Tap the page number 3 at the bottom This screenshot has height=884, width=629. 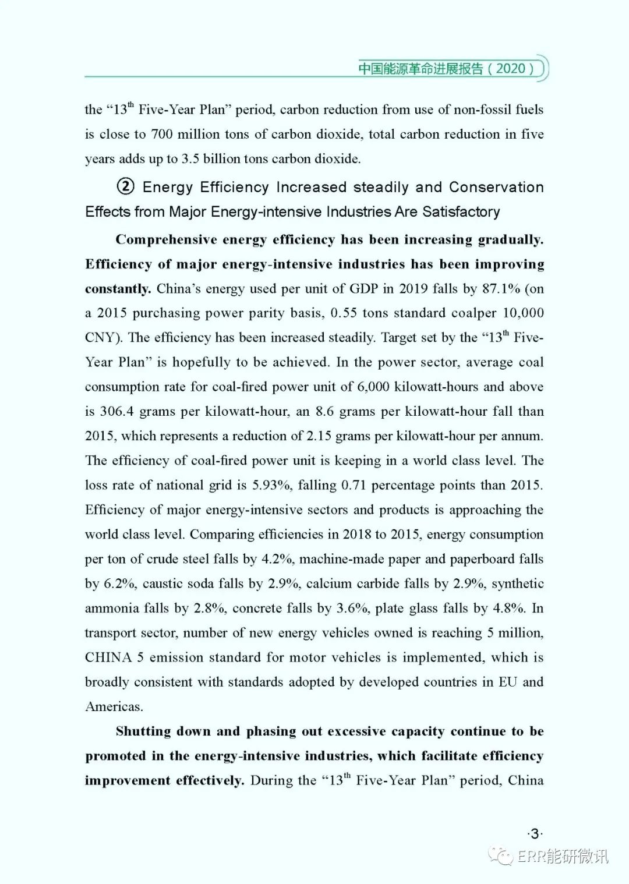[x=535, y=834]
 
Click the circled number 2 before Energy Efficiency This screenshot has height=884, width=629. [x=125, y=186]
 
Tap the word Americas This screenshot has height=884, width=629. [x=114, y=706]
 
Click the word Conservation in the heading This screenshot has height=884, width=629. [x=496, y=187]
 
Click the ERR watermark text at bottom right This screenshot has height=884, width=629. [x=562, y=855]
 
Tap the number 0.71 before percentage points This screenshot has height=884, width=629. [x=353, y=485]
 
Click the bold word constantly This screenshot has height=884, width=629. [x=118, y=289]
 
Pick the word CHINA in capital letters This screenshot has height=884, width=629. [x=108, y=657]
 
